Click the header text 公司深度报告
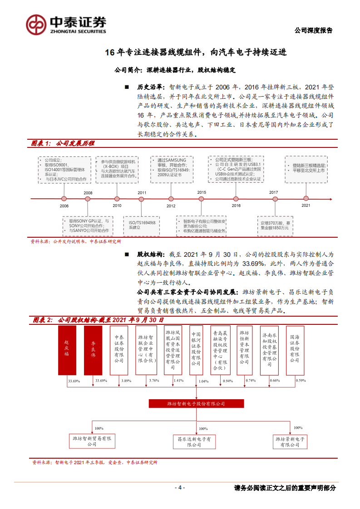click(313, 30)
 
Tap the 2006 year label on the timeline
click(64, 206)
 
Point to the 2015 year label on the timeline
click(202, 192)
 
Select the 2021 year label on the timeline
click(306, 206)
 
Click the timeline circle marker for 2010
click(117, 199)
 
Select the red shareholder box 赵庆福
click(68, 350)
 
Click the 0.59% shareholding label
click(301, 380)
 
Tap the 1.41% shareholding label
click(178, 381)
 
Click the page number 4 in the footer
click(180, 488)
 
